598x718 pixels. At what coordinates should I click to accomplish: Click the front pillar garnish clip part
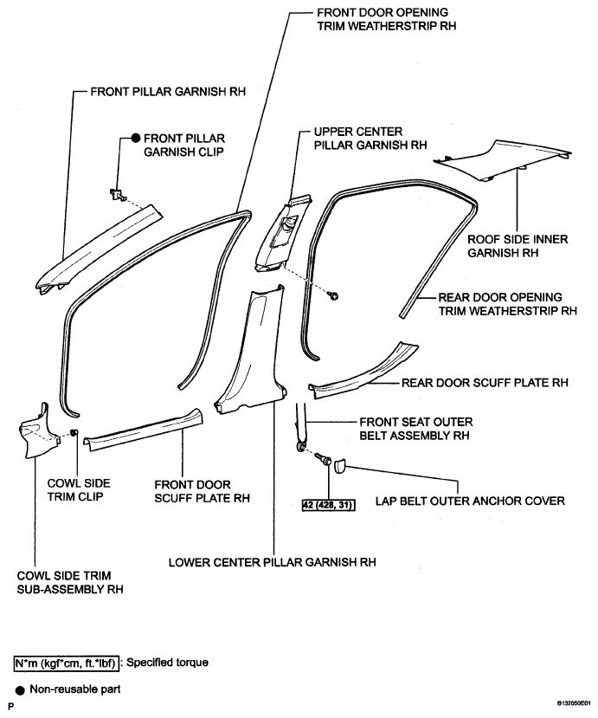pyautogui.click(x=117, y=194)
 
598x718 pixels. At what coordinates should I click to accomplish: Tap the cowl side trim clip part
pyautogui.click(x=74, y=433)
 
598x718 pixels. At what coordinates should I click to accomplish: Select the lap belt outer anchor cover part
pyautogui.click(x=339, y=466)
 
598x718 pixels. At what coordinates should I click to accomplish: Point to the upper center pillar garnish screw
pyautogui.click(x=334, y=296)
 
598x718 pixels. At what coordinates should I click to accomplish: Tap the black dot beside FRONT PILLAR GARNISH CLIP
pyautogui.click(x=136, y=138)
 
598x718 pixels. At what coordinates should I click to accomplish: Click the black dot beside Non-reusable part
pyautogui.click(x=20, y=689)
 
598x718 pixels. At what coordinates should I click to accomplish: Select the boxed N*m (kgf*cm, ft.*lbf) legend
pyautogui.click(x=67, y=663)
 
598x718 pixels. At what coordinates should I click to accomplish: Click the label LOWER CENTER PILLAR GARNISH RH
pyautogui.click(x=273, y=562)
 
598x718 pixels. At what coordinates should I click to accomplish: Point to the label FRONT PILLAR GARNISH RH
pyautogui.click(x=168, y=92)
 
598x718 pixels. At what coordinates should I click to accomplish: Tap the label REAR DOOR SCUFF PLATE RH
pyautogui.click(x=485, y=382)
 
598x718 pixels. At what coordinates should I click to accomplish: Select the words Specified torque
pyautogui.click(x=167, y=663)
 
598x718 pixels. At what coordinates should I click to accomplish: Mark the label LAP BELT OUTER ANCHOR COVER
pyautogui.click(x=470, y=501)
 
